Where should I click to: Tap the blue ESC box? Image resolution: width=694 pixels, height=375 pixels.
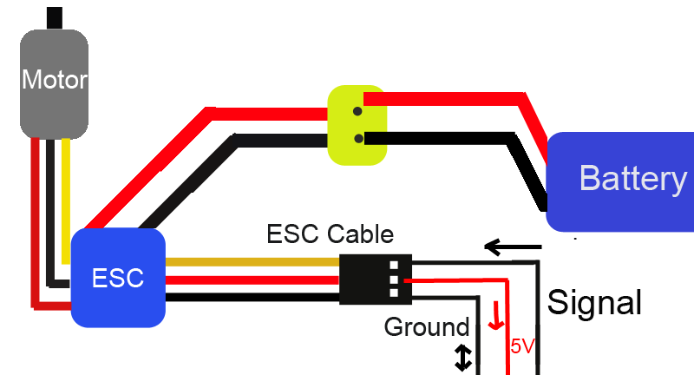[x=118, y=278]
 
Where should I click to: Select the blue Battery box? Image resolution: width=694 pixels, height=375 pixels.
[x=620, y=181]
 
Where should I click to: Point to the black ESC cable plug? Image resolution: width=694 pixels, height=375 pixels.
[x=375, y=279]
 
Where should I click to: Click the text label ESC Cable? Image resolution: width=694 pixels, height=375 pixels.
[x=330, y=234]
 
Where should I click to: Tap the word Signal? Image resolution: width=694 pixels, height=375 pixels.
[x=595, y=302]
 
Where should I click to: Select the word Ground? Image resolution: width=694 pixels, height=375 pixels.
[x=426, y=327]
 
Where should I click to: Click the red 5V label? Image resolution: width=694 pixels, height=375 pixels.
[x=522, y=347]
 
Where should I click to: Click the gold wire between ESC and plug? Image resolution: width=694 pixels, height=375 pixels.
[x=252, y=261]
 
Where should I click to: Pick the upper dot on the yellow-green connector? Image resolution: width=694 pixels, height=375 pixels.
[x=357, y=111]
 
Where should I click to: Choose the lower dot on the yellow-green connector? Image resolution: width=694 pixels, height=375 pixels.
[x=357, y=138]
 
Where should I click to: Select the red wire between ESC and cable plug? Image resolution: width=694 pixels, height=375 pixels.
[x=252, y=280]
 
